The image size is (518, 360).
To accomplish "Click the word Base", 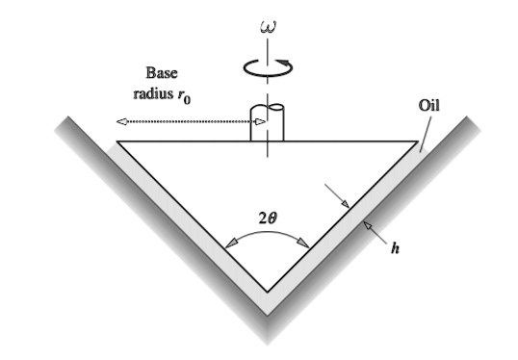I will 161,73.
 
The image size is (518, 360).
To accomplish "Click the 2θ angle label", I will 269,219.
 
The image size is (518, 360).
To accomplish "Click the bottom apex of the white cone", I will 267,289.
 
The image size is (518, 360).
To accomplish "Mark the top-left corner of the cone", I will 118,142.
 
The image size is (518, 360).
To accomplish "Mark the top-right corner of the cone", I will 416,142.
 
